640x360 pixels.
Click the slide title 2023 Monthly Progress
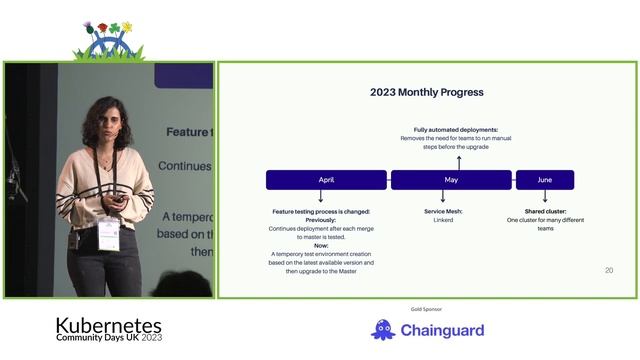(x=427, y=92)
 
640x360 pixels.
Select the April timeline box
(x=326, y=180)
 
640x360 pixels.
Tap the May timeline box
(x=450, y=180)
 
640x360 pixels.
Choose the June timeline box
(x=544, y=180)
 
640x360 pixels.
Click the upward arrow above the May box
(x=459, y=161)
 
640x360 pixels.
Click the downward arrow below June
(x=545, y=198)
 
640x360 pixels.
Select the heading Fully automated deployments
(x=456, y=130)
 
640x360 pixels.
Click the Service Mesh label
(x=443, y=211)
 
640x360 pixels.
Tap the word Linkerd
(x=443, y=220)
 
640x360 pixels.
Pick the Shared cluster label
(x=545, y=211)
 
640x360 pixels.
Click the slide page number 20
(x=609, y=270)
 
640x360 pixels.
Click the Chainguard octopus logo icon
(x=383, y=329)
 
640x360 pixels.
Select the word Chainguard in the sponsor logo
(x=442, y=330)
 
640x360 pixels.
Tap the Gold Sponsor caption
(x=426, y=309)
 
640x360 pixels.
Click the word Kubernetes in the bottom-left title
(x=108, y=326)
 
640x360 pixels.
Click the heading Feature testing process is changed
(x=321, y=211)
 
